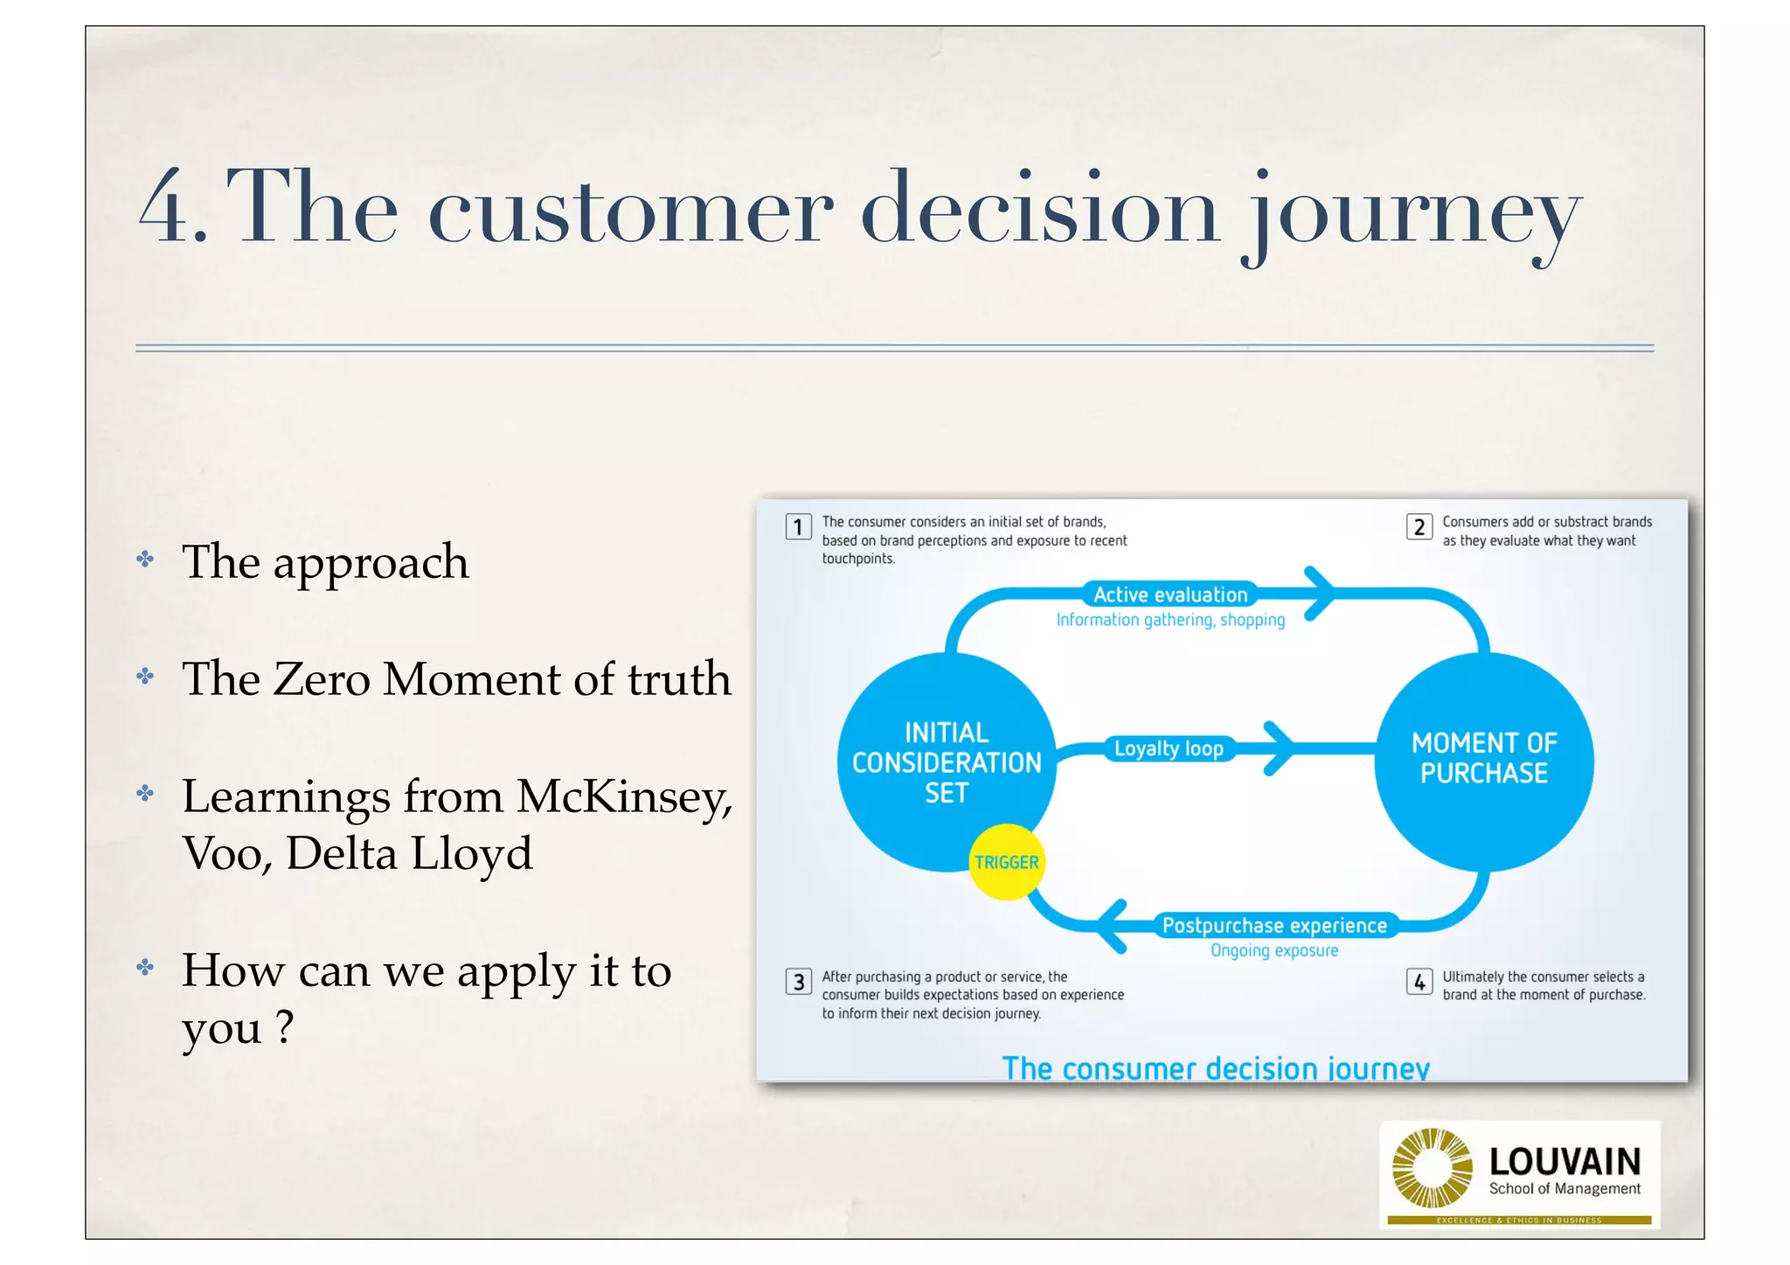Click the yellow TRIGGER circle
tap(1006, 862)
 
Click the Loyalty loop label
tap(1169, 749)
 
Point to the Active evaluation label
tap(1170, 594)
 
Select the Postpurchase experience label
tap(1274, 925)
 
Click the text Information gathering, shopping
tap(1170, 620)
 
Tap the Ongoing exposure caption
tap(1273, 950)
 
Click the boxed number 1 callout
tap(798, 526)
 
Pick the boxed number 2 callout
tap(1419, 526)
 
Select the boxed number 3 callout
tap(798, 982)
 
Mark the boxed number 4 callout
tap(1419, 982)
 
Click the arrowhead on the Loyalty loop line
tap(1280, 748)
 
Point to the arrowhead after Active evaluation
tap(1320, 594)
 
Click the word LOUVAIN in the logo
tap(1565, 1162)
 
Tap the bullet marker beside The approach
tap(145, 560)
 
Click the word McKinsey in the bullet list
tap(624, 797)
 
